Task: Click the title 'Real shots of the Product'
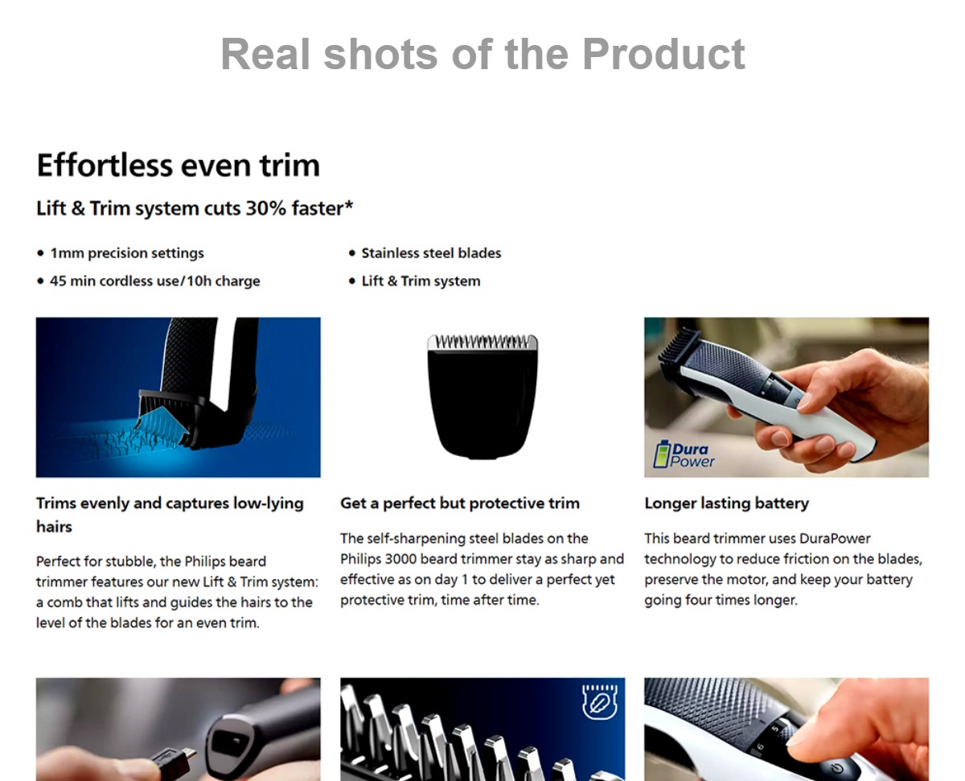tap(482, 55)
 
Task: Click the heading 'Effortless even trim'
tap(179, 165)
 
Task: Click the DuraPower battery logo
tap(684, 454)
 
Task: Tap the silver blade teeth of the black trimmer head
tap(482, 342)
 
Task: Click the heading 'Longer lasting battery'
tap(727, 504)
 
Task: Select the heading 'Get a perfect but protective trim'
tap(460, 504)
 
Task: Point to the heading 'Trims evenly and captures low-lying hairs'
tap(170, 515)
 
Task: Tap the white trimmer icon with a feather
tap(599, 701)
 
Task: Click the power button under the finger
tap(837, 768)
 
